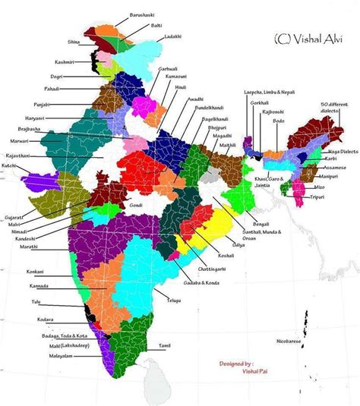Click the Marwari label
click(18, 141)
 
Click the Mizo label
click(317, 184)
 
